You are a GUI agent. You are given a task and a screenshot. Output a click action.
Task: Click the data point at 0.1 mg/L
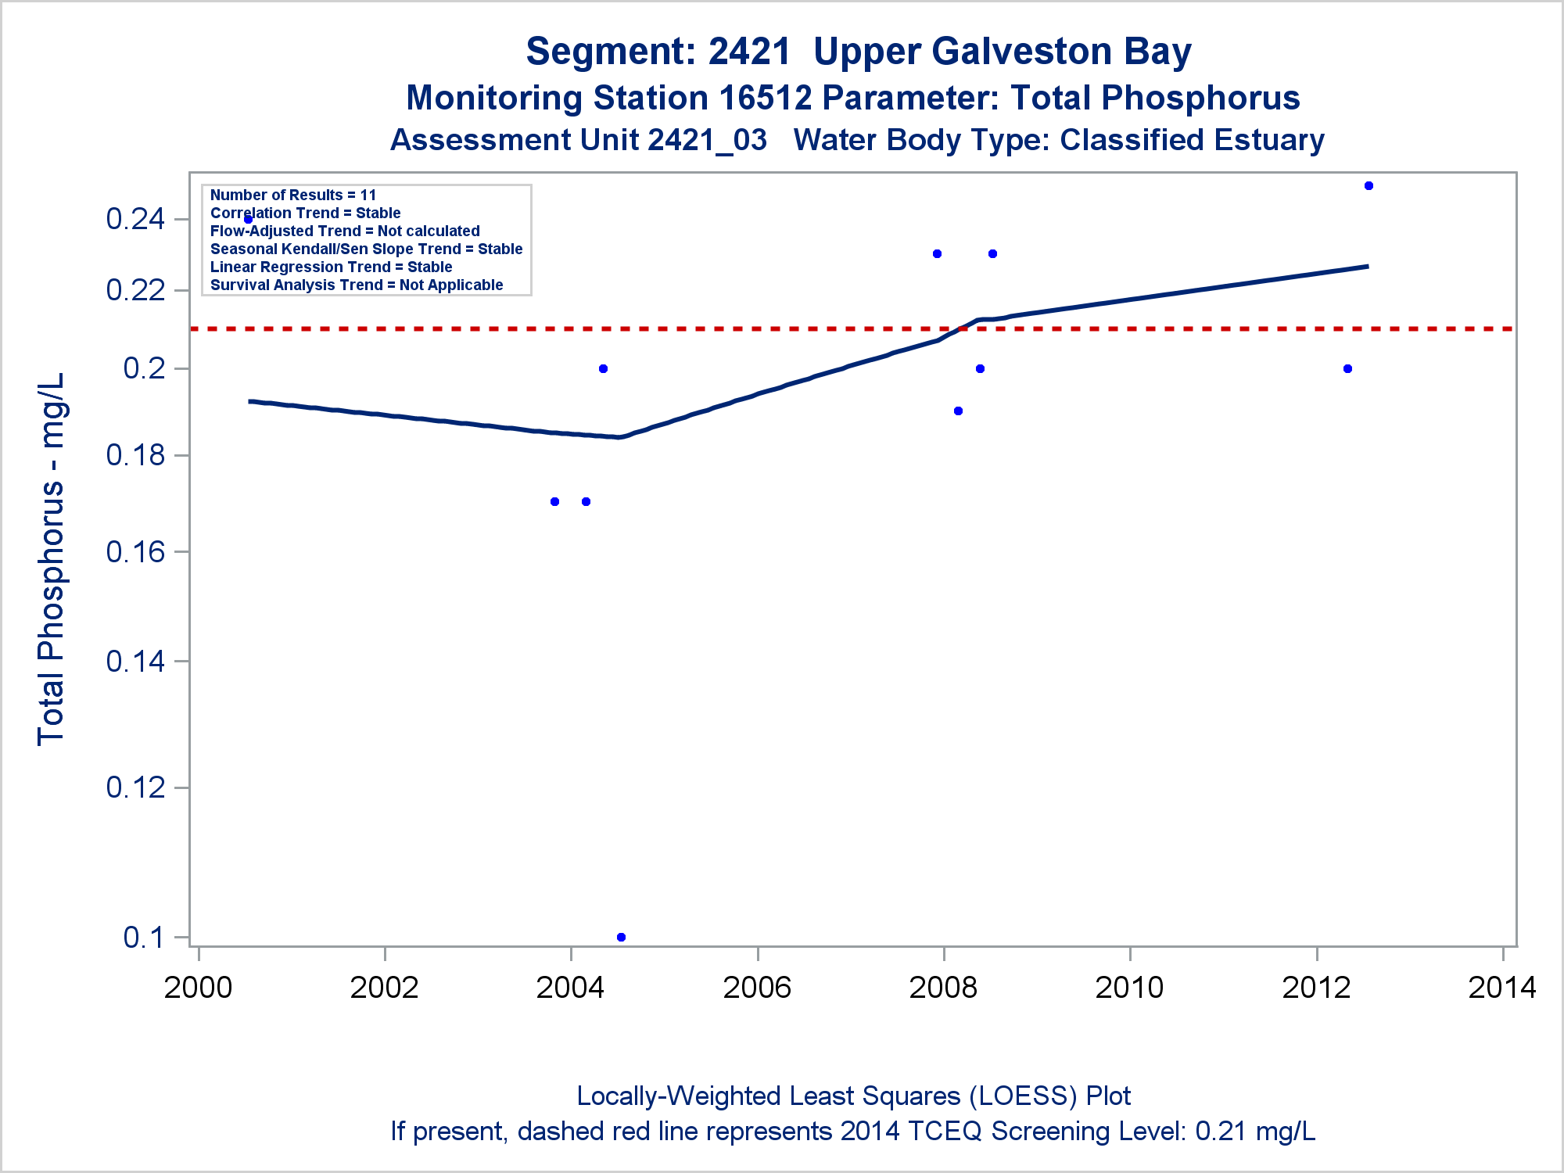click(x=621, y=937)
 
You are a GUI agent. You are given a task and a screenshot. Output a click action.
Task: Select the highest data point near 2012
click(x=1368, y=186)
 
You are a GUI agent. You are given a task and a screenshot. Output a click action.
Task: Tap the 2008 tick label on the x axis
click(x=943, y=988)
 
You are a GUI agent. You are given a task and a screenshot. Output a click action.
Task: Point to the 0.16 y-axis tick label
click(x=135, y=552)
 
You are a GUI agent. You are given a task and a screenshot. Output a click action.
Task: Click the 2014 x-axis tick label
click(x=1502, y=988)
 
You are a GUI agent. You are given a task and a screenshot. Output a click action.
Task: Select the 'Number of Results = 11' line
click(x=293, y=195)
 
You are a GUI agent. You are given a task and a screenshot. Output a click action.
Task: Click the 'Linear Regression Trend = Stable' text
click(x=331, y=267)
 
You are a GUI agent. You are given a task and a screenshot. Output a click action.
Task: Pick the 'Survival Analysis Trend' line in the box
click(x=357, y=285)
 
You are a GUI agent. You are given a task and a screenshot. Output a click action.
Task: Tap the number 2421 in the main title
click(x=749, y=52)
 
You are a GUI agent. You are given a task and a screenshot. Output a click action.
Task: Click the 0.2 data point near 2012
click(x=1347, y=369)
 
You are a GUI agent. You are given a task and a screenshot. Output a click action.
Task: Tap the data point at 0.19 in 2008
click(x=958, y=411)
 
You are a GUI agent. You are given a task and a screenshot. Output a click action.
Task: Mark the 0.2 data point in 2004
click(x=603, y=369)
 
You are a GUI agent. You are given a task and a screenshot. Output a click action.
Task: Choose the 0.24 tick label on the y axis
click(x=135, y=219)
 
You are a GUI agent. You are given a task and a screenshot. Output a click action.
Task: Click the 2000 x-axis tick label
click(x=198, y=988)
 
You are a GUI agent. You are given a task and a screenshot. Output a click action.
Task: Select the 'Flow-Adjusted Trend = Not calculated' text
click(x=345, y=231)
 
